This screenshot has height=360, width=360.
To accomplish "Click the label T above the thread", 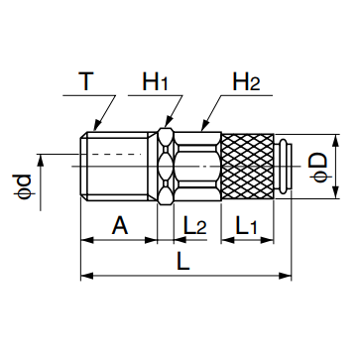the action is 86,81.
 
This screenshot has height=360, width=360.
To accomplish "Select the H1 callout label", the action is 156,81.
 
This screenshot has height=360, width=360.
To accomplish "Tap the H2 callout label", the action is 246,81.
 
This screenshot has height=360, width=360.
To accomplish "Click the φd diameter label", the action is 23,186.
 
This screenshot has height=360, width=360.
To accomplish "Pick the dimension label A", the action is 120,225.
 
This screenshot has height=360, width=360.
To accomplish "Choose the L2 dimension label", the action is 195,225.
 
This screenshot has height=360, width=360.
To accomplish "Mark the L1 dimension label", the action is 246,225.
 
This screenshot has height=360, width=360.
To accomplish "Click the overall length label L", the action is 183,261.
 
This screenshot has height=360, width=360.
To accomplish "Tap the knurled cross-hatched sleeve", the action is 247,167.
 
